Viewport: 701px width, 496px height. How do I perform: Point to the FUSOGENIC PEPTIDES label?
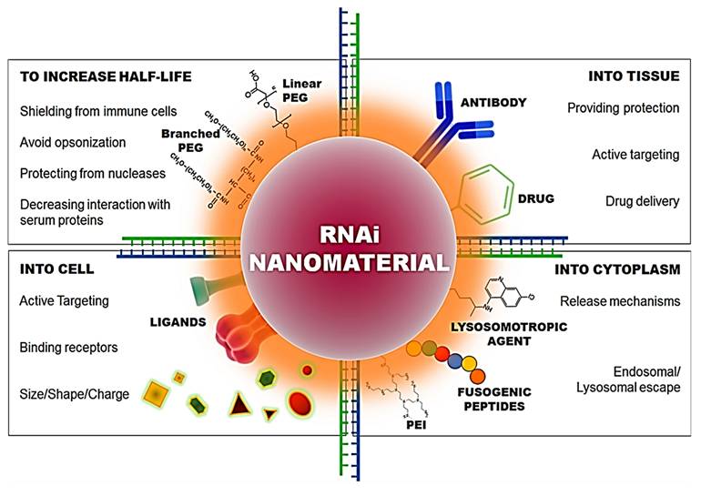point(481,399)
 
